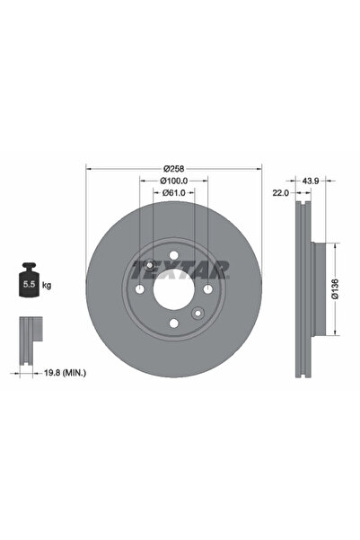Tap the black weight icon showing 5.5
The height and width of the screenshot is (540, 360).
[27, 281]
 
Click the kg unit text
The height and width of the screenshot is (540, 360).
[46, 285]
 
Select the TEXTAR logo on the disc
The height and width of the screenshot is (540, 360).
[180, 268]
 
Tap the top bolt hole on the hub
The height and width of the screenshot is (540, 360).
[173, 254]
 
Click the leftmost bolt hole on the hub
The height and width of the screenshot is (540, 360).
[139, 288]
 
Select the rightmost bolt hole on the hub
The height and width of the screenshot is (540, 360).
[207, 288]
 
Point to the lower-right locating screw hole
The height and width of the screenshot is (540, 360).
[198, 313]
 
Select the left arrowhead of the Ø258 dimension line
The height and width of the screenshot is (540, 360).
[88, 168]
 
